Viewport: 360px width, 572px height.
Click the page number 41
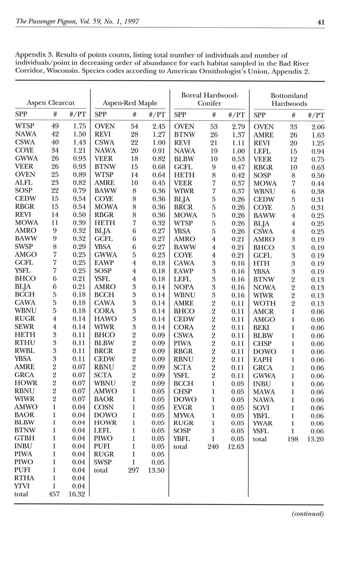tap(321, 22)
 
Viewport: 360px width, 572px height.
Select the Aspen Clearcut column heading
tap(51, 102)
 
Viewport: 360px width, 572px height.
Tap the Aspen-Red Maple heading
tap(130, 102)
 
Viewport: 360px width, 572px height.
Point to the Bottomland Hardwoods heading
tap(289, 99)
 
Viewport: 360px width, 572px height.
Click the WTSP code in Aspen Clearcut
tap(24, 126)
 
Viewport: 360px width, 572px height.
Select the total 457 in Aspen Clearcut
tap(54, 494)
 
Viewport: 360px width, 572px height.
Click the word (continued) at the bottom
tap(307, 514)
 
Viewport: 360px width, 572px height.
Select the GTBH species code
tap(24, 438)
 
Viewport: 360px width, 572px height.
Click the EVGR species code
tap(184, 407)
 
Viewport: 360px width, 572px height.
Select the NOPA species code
tap(183, 287)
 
